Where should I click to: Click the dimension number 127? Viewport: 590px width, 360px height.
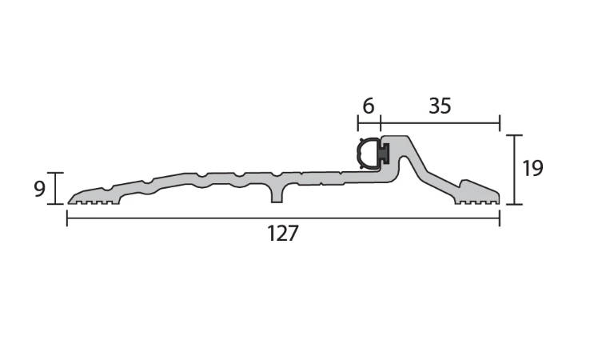(x=282, y=233)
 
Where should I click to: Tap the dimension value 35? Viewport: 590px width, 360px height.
(x=440, y=106)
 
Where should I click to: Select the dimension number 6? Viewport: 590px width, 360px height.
(x=369, y=106)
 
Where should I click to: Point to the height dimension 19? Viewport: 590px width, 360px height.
(x=532, y=168)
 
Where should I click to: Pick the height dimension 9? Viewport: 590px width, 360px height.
(x=39, y=189)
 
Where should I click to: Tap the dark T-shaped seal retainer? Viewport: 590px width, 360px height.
(x=385, y=153)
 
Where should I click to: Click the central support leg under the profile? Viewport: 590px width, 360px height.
(x=277, y=194)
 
